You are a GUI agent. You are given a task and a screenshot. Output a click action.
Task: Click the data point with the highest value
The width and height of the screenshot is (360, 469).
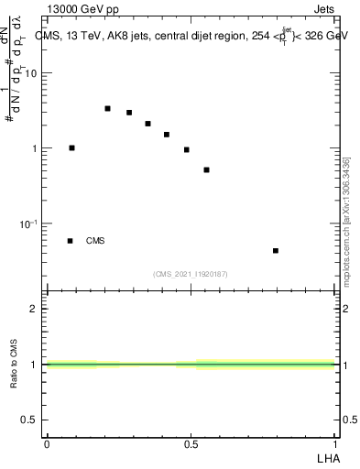click(107, 108)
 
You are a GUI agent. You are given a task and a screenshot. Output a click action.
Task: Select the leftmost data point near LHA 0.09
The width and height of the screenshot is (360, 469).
click(71, 147)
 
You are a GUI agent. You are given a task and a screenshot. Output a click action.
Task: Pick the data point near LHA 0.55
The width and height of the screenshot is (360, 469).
click(207, 169)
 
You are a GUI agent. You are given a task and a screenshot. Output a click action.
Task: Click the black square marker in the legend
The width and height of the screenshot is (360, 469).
click(70, 241)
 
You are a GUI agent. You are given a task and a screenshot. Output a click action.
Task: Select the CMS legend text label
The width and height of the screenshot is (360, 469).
click(95, 241)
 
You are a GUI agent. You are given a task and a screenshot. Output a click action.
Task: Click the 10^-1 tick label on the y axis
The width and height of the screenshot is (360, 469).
click(29, 224)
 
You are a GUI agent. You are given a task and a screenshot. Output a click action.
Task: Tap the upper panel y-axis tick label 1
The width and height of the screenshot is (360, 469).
click(35, 148)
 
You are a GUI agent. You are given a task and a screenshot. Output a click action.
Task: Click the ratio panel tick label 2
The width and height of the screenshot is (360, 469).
click(35, 309)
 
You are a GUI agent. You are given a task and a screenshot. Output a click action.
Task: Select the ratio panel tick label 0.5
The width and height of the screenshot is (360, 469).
click(29, 420)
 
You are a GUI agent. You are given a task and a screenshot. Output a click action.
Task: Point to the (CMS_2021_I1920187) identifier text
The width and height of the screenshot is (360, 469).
click(191, 273)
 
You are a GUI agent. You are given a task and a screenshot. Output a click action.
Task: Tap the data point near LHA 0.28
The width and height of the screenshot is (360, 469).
click(129, 113)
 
